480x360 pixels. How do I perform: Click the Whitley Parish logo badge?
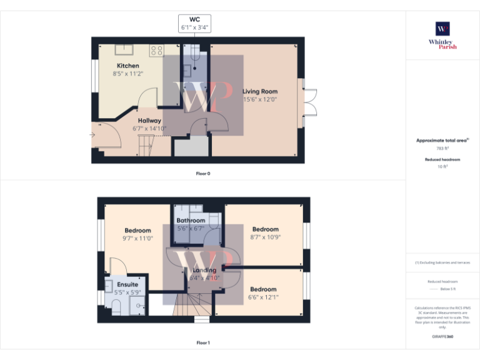(442, 29)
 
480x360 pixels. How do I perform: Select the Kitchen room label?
(128, 66)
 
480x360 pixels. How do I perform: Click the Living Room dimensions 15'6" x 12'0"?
(260, 99)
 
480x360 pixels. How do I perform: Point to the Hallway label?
(149, 121)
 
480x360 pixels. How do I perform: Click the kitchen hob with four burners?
(157, 51)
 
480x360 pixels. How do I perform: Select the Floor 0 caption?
(203, 173)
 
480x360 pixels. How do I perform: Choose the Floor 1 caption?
(203, 342)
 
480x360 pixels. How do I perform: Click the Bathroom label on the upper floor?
(191, 221)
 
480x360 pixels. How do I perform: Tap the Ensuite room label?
(127, 285)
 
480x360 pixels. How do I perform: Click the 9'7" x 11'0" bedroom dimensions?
(137, 238)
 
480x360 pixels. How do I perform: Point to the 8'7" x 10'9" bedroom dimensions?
(265, 237)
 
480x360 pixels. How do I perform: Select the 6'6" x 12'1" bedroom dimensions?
(263, 297)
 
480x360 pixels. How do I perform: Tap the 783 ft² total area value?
(442, 149)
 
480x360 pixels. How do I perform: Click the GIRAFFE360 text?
(442, 337)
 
